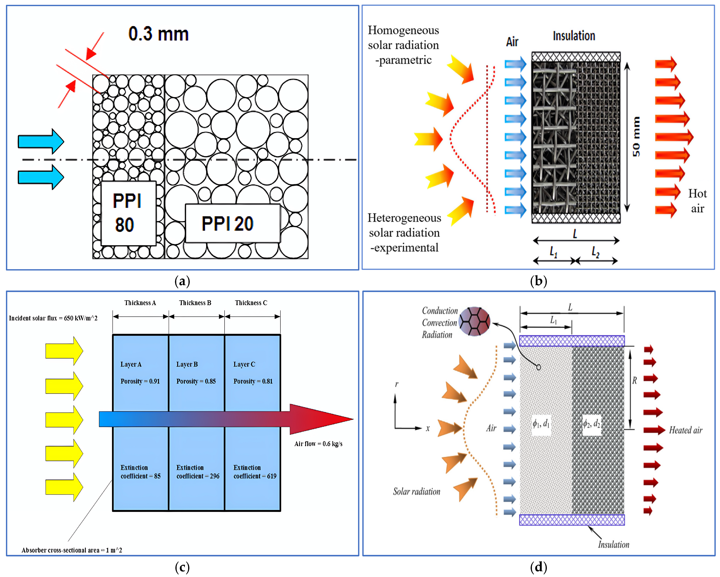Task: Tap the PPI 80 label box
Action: click(x=128, y=213)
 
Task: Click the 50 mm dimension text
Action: click(x=636, y=137)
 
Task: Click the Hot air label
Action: click(x=697, y=201)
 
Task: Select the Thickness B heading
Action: click(x=195, y=303)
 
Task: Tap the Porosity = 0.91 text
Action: click(x=140, y=381)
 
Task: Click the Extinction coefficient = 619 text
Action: click(x=255, y=472)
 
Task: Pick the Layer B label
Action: click(x=187, y=364)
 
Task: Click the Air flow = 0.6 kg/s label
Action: click(x=318, y=444)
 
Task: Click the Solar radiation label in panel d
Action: click(x=416, y=492)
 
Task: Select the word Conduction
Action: click(x=439, y=311)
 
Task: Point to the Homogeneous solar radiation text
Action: click(x=403, y=45)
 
